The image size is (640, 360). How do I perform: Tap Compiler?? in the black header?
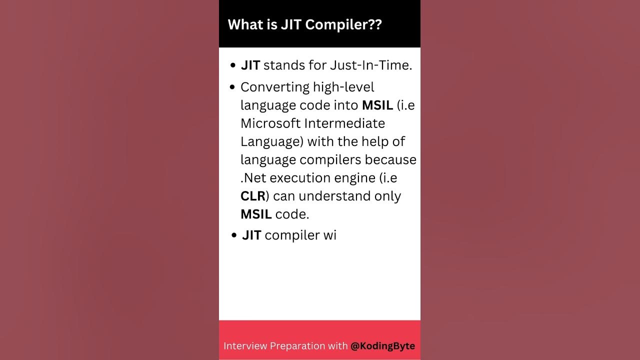(x=343, y=24)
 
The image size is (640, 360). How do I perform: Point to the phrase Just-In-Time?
(x=371, y=65)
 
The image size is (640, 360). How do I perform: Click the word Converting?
(x=275, y=87)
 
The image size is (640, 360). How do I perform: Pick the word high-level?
(x=343, y=87)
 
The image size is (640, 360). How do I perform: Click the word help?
(x=374, y=141)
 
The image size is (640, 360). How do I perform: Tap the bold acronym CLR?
(x=253, y=196)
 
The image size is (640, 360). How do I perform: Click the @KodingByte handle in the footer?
(x=382, y=345)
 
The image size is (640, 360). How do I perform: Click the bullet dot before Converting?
(x=232, y=87)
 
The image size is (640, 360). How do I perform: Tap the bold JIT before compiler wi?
(x=251, y=235)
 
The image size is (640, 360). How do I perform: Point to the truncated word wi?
(x=329, y=235)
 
